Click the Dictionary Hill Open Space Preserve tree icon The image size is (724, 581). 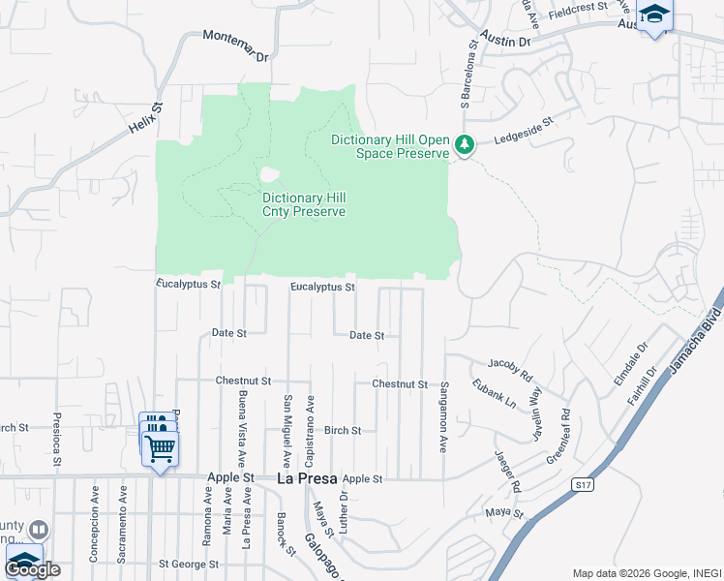(466, 146)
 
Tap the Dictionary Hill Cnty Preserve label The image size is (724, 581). (304, 204)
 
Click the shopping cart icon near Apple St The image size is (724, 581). (160, 447)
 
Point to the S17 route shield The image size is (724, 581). (581, 485)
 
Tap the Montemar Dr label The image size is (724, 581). (235, 46)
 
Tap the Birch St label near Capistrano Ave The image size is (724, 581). (342, 430)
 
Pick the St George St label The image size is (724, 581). (190, 563)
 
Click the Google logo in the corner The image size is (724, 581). (32, 569)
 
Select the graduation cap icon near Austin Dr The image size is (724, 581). (655, 15)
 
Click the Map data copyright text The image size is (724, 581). (647, 573)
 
